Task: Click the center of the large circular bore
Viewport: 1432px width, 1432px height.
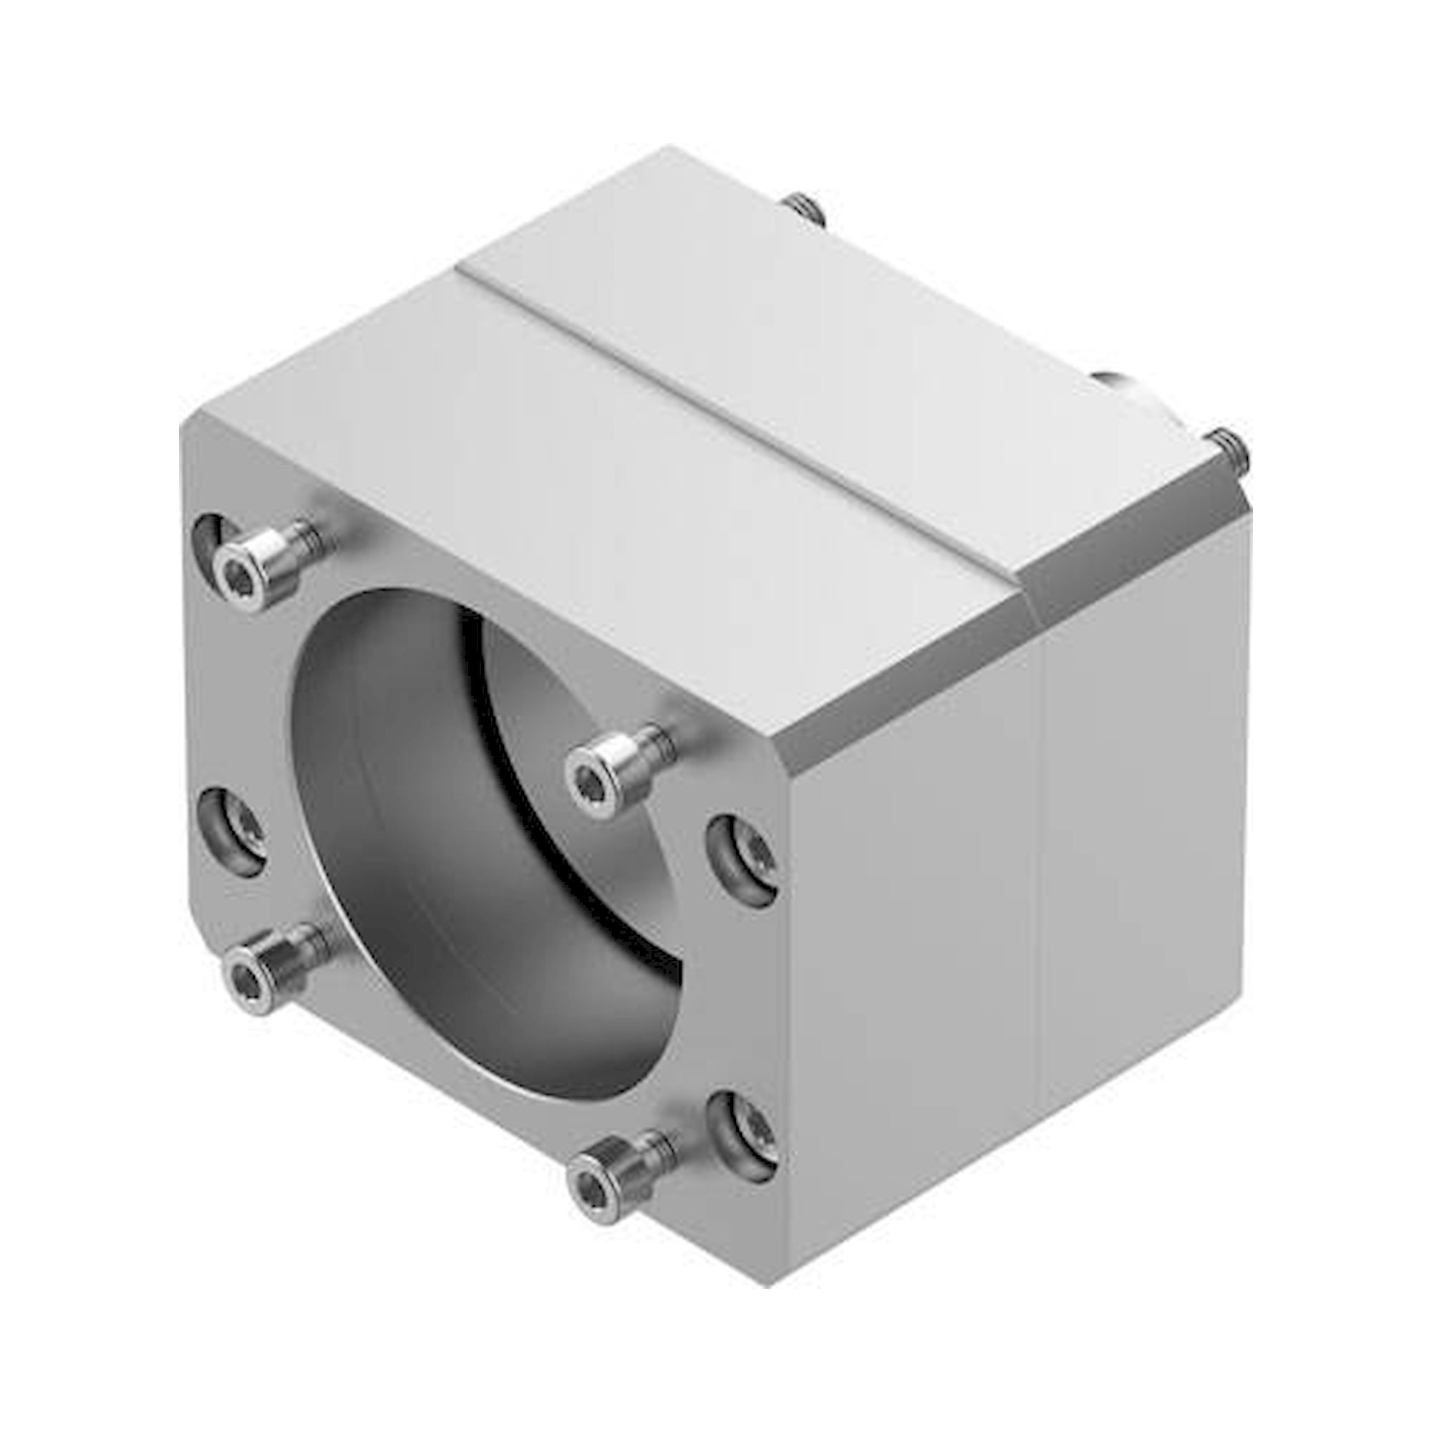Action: click(475, 838)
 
